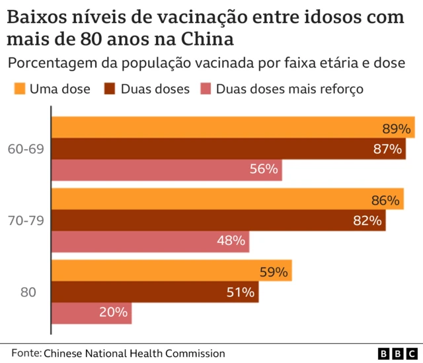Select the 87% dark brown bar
tap(211, 149)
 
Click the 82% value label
tap(367, 221)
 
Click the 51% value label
tap(241, 292)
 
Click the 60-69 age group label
tap(26, 149)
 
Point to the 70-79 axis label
tap(26, 221)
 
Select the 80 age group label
tap(28, 292)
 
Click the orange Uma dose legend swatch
tap(19, 88)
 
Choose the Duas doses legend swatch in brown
tap(110, 88)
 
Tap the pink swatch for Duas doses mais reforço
tap(206, 88)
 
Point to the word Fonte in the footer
tap(25, 354)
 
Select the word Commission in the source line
tap(194, 354)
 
